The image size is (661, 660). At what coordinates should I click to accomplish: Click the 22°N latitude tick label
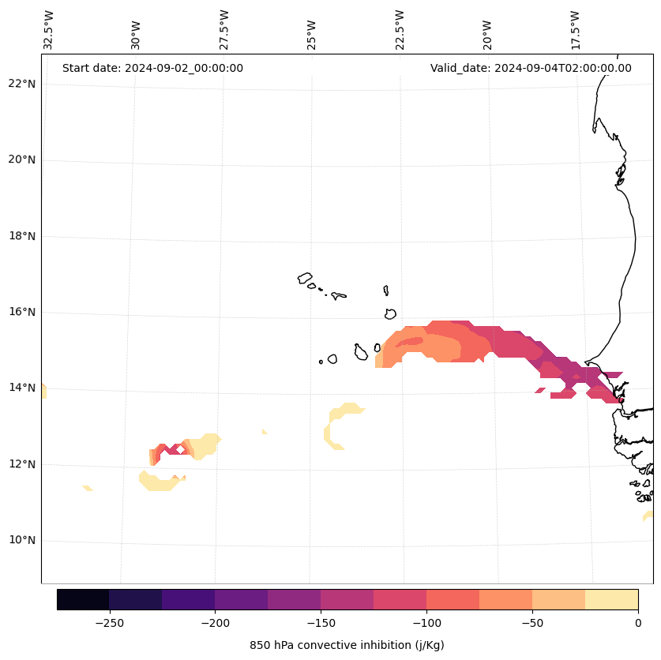click(21, 84)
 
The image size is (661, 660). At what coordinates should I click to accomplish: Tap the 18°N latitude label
click(21, 236)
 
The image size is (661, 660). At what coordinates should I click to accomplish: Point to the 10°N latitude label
click(21, 541)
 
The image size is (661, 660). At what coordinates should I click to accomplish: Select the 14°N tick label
click(21, 388)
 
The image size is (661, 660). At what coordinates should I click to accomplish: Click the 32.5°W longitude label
click(49, 30)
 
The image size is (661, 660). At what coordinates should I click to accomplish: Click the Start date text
click(152, 68)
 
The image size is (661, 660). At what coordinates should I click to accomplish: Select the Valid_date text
click(531, 68)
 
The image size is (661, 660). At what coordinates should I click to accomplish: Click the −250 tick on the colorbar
click(109, 623)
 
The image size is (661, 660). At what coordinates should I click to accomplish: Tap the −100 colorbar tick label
click(426, 623)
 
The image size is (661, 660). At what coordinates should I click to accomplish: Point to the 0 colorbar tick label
click(637, 623)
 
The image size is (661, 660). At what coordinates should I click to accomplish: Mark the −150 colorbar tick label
click(321, 623)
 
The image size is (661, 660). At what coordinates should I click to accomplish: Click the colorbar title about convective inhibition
click(347, 645)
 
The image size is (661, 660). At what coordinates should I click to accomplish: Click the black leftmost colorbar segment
click(83, 599)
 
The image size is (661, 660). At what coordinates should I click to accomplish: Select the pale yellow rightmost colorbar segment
click(611, 599)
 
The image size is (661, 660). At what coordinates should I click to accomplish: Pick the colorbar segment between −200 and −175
click(241, 599)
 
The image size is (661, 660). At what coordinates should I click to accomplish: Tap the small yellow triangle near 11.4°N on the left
click(88, 488)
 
